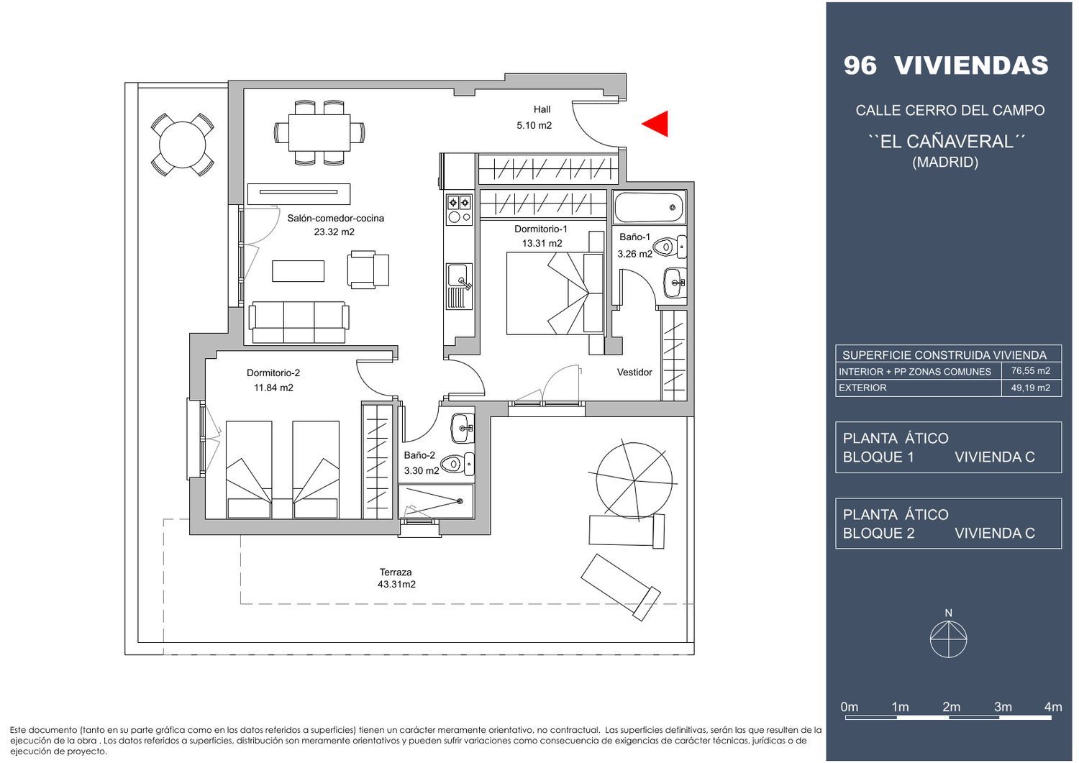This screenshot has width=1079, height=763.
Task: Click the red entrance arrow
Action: [x=655, y=124]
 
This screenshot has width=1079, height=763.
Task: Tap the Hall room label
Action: [x=542, y=110]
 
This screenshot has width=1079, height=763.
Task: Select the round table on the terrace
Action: [x=182, y=145]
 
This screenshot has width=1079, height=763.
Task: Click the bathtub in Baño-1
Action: [x=649, y=208]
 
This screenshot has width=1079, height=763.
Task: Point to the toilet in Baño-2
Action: [x=457, y=464]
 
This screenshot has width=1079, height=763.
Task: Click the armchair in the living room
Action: [x=368, y=269]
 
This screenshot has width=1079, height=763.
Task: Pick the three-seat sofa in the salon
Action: [x=299, y=322]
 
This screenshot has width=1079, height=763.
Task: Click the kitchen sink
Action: [x=459, y=286]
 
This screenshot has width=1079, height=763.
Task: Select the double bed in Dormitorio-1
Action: [x=555, y=293]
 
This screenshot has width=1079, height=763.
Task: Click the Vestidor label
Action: [x=634, y=373]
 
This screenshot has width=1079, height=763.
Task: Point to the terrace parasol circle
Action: [x=634, y=481]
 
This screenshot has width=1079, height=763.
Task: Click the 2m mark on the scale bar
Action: [x=952, y=707]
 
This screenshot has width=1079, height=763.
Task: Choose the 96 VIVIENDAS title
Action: [x=946, y=65]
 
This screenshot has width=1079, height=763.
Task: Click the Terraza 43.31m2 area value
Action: [x=396, y=585]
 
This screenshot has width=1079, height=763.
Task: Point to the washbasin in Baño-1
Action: [x=675, y=283]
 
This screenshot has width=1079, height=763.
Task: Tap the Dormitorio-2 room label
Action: [x=273, y=373]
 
